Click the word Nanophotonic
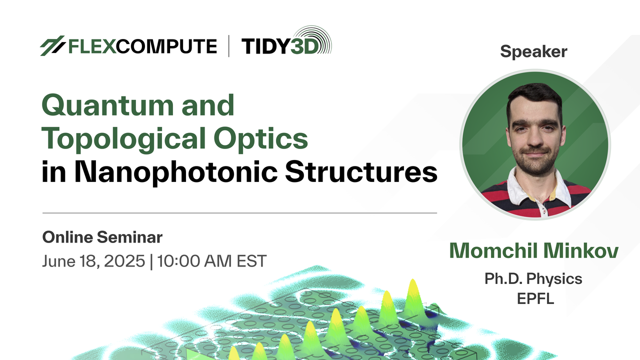[x=176, y=172]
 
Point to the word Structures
[x=361, y=171]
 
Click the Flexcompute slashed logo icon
[x=52, y=45]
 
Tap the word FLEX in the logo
[x=92, y=46]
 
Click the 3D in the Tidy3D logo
[x=304, y=46]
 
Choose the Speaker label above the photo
[x=533, y=51]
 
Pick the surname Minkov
[x=581, y=250]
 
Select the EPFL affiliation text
[x=535, y=298]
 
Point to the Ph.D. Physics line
[x=533, y=279]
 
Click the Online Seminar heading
[x=102, y=237]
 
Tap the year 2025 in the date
[x=124, y=261]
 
